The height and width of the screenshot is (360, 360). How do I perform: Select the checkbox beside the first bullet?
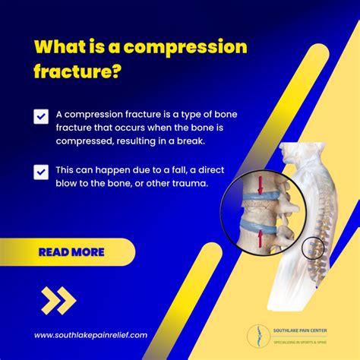[41, 116]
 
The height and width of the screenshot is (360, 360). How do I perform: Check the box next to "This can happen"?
[41, 172]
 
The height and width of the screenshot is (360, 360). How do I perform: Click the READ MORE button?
[72, 251]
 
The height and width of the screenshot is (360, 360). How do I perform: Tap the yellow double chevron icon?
[58, 300]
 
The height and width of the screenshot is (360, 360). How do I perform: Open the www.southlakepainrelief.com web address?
[90, 334]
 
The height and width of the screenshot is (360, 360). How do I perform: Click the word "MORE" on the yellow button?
[89, 251]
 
